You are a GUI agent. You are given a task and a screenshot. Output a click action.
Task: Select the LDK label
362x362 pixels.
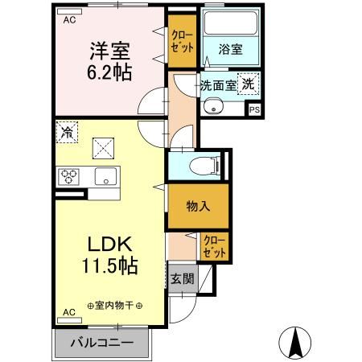coord(110,244)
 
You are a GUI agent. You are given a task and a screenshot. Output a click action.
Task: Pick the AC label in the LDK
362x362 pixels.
coord(69,312)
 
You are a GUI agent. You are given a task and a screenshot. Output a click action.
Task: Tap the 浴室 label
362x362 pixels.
coord(232,50)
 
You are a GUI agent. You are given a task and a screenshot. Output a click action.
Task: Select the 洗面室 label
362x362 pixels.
coord(218,84)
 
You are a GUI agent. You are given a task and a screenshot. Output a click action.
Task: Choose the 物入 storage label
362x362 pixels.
coord(198,205)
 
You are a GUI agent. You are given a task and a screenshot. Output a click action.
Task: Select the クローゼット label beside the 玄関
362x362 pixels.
coord(213,245)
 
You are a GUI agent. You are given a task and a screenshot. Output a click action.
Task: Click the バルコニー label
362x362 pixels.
coord(102,342)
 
